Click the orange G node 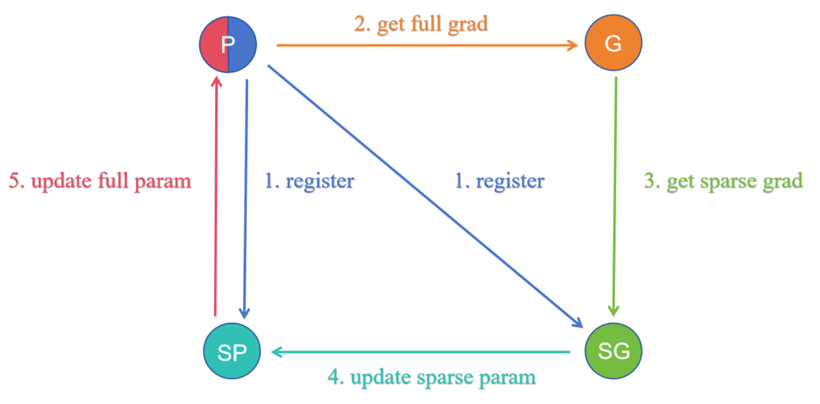(613, 43)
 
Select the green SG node (613, 351)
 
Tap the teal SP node (232, 351)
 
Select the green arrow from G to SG (615, 194)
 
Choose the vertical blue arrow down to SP (246, 198)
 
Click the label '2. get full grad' (421, 24)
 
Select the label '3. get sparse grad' (723, 181)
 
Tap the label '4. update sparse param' (432, 377)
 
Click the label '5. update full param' (100, 181)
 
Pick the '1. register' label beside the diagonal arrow (499, 181)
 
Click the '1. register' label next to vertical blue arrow (309, 181)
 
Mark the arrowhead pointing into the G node (574, 45)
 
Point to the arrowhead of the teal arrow (276, 352)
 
